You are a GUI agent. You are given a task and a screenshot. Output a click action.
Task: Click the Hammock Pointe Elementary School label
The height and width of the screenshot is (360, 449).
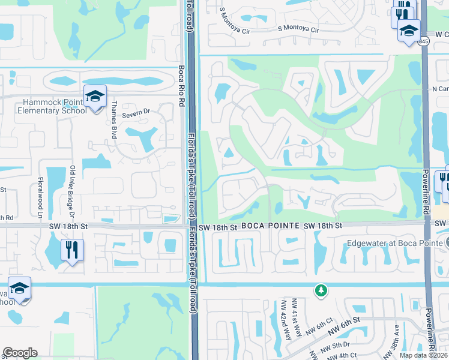[47, 106]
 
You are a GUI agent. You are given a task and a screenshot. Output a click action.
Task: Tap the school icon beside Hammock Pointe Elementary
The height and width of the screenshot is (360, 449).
[94, 97]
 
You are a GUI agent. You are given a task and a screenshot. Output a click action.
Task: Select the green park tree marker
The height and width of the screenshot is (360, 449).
[321, 290]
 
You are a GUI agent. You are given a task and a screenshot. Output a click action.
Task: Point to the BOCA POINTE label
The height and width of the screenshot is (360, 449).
[270, 226]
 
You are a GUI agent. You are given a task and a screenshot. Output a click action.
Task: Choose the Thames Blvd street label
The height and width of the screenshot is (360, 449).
[113, 113]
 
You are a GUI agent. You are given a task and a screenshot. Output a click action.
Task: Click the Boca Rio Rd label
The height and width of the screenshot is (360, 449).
[181, 86]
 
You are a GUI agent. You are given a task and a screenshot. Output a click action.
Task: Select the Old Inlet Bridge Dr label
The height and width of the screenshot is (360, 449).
[72, 182]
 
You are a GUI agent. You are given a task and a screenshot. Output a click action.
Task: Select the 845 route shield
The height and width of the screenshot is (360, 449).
[424, 41]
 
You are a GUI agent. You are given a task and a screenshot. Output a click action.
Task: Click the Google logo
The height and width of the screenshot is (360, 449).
[20, 353]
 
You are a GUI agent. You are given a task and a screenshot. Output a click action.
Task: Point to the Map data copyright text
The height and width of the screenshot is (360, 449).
[423, 355]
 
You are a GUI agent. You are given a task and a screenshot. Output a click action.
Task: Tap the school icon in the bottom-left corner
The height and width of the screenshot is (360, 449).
[19, 288]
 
